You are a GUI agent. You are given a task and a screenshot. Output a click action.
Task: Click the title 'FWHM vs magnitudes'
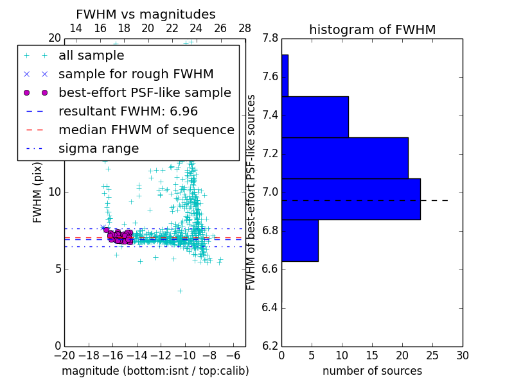tap(146, 15)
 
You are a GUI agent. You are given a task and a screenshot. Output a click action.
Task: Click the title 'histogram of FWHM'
tap(372, 30)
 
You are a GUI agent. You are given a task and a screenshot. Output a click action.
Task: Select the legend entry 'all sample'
tap(91, 56)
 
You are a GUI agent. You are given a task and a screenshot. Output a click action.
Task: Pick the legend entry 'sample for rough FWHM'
tap(136, 74)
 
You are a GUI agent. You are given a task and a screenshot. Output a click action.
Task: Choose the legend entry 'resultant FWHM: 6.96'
tap(128, 111)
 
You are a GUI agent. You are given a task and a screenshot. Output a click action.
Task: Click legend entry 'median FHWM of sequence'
tap(146, 130)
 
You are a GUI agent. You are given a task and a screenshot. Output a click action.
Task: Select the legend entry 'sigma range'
tap(98, 148)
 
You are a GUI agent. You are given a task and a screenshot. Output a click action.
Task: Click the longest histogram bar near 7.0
tap(351, 199)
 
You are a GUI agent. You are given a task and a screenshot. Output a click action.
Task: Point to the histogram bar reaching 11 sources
tap(315, 117)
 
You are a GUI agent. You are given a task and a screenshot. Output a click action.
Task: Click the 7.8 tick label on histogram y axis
tap(270, 38)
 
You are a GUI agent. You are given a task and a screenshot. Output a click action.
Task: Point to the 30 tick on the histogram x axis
tap(462, 355)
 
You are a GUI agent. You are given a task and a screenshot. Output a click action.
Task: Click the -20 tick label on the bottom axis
tap(64, 355)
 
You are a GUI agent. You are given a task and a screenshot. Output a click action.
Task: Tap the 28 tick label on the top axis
tap(245, 28)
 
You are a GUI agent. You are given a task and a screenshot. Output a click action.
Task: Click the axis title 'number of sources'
tap(372, 371)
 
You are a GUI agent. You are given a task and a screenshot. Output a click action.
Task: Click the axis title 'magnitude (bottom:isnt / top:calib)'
tap(155, 371)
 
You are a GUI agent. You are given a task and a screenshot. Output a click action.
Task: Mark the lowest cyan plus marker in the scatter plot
tap(180, 291)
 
